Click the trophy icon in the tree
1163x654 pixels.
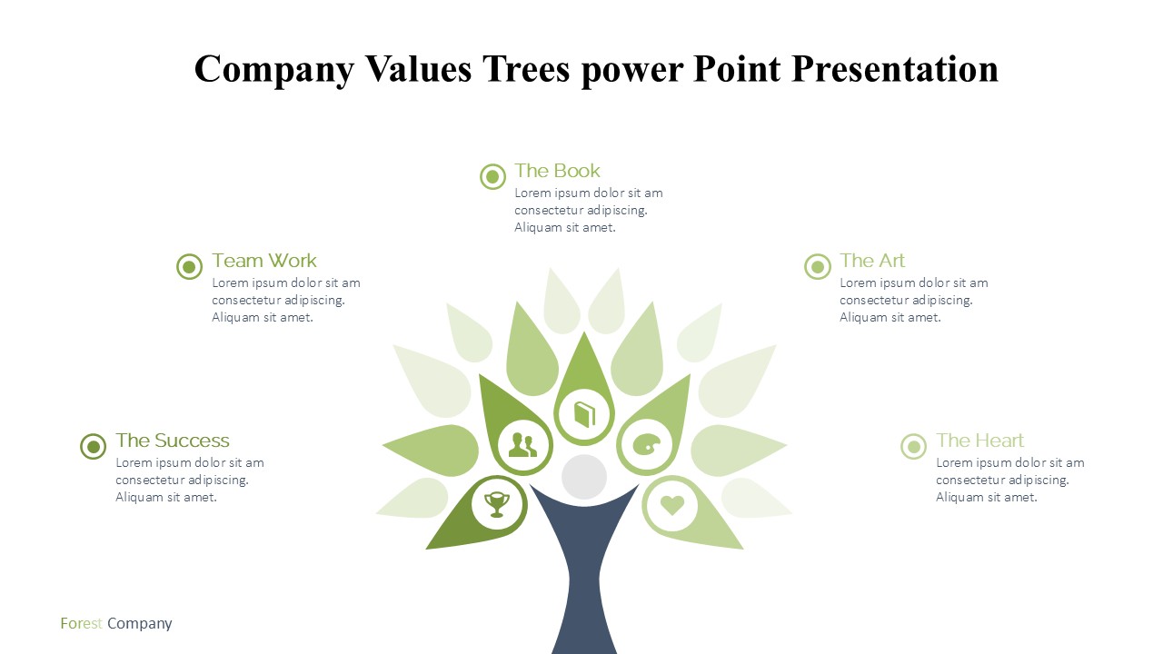497,504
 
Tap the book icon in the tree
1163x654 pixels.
584,415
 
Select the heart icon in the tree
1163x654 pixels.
672,504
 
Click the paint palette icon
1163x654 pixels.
647,445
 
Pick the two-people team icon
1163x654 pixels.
522,445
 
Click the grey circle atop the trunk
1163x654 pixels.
584,477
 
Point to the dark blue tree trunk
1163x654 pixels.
584,571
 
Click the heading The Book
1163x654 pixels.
557,171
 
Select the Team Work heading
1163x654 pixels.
263,261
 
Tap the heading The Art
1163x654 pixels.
872,261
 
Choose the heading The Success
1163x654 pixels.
173,441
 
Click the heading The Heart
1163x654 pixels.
979,441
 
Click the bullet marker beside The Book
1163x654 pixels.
492,177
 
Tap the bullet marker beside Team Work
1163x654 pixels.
190,267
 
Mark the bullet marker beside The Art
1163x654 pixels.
818,267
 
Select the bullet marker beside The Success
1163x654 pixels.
94,446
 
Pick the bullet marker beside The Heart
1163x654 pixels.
914,446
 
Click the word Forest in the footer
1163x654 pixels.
81,623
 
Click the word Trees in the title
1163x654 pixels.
526,69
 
